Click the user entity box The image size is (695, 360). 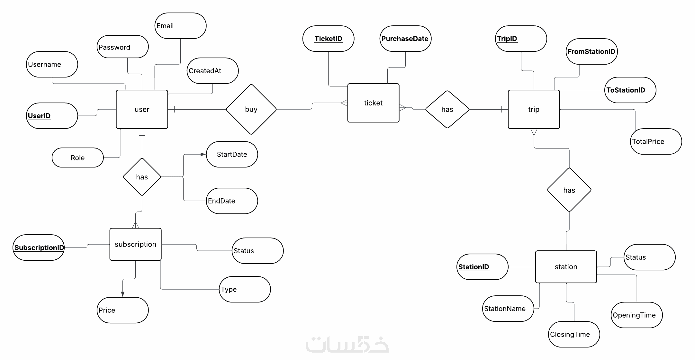tap(142, 109)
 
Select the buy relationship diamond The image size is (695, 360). tap(251, 109)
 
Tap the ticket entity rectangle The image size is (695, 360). tap(373, 103)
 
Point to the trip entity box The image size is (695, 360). tap(534, 109)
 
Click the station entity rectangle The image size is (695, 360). tap(566, 267)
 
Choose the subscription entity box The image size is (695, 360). tap(135, 244)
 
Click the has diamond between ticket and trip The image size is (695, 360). tap(447, 109)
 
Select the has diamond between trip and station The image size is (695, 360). tap(569, 190)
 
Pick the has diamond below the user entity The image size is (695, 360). tap(142, 177)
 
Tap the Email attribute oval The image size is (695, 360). tap(180, 26)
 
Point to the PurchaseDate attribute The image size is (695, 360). tap(405, 39)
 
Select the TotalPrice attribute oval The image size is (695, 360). tap(656, 141)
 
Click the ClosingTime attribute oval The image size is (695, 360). tap(574, 334)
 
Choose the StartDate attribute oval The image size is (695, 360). tap(232, 154)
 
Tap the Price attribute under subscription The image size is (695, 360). tap(122, 310)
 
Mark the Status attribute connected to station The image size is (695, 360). tap(649, 257)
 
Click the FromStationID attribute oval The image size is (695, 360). tap(591, 51)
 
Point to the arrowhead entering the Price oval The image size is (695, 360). tap(122, 294)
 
